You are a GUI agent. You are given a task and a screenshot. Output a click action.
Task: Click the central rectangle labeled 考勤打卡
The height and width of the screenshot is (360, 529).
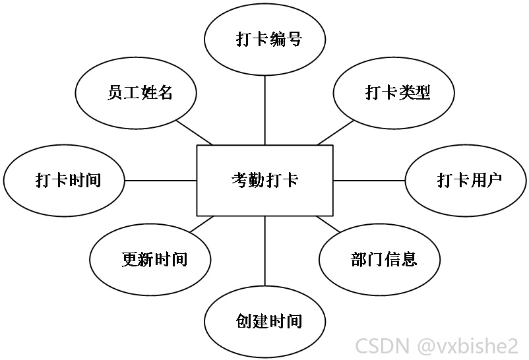click(265, 181)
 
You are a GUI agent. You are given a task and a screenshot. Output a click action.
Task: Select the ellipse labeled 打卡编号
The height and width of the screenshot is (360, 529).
click(265, 40)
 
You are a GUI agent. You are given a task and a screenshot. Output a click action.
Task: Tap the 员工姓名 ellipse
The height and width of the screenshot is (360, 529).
click(136, 93)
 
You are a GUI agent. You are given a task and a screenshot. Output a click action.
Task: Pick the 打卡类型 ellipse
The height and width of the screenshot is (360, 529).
click(394, 93)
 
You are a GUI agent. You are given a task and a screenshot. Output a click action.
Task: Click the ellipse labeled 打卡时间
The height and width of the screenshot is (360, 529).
click(64, 181)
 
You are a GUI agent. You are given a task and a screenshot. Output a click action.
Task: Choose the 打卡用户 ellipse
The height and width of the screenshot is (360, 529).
click(466, 181)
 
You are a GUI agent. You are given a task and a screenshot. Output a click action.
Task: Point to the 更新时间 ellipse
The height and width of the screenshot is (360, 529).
click(150, 260)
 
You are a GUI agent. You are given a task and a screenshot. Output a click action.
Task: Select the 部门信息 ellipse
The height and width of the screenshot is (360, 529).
click(379, 260)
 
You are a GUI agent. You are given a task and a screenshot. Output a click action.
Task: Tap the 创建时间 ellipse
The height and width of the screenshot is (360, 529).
click(265, 321)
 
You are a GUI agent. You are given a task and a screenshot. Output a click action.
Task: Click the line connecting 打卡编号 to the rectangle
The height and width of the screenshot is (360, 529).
click(265, 110)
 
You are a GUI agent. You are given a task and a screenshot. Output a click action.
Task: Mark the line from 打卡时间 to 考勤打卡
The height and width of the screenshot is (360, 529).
click(160, 181)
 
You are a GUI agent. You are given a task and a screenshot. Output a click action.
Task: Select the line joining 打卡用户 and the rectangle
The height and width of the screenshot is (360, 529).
click(369, 181)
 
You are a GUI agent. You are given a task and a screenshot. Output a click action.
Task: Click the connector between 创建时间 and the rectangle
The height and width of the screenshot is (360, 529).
click(265, 251)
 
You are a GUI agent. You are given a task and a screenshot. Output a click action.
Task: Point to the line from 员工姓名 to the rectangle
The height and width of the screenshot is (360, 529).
click(195, 133)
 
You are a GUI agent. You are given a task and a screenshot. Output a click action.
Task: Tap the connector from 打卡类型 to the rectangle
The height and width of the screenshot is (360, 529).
click(335, 133)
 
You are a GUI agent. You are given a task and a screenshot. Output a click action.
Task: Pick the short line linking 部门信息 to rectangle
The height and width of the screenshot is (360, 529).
click(328, 224)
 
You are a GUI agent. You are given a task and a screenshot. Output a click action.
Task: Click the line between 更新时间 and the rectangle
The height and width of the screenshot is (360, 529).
click(202, 224)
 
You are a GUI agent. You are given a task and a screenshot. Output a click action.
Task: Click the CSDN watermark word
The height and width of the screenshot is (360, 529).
click(383, 345)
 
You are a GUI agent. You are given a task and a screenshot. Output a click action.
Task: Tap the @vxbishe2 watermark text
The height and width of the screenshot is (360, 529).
click(468, 345)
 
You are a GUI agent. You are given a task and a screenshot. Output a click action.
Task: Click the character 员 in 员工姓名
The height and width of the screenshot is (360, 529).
click(115, 92)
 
